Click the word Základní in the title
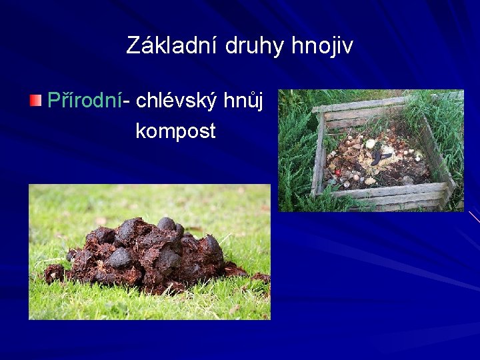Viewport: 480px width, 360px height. click(x=173, y=46)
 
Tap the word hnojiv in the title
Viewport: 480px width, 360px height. click(x=323, y=46)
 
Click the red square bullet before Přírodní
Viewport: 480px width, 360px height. click(x=35, y=101)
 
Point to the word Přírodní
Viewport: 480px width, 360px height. click(x=85, y=101)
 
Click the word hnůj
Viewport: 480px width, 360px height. click(x=246, y=101)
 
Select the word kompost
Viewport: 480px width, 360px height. click(x=175, y=131)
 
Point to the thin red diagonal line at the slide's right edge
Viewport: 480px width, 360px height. click(x=473, y=215)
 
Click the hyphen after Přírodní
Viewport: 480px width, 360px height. click(x=127, y=102)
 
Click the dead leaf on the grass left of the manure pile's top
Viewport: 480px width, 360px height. click(x=101, y=221)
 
